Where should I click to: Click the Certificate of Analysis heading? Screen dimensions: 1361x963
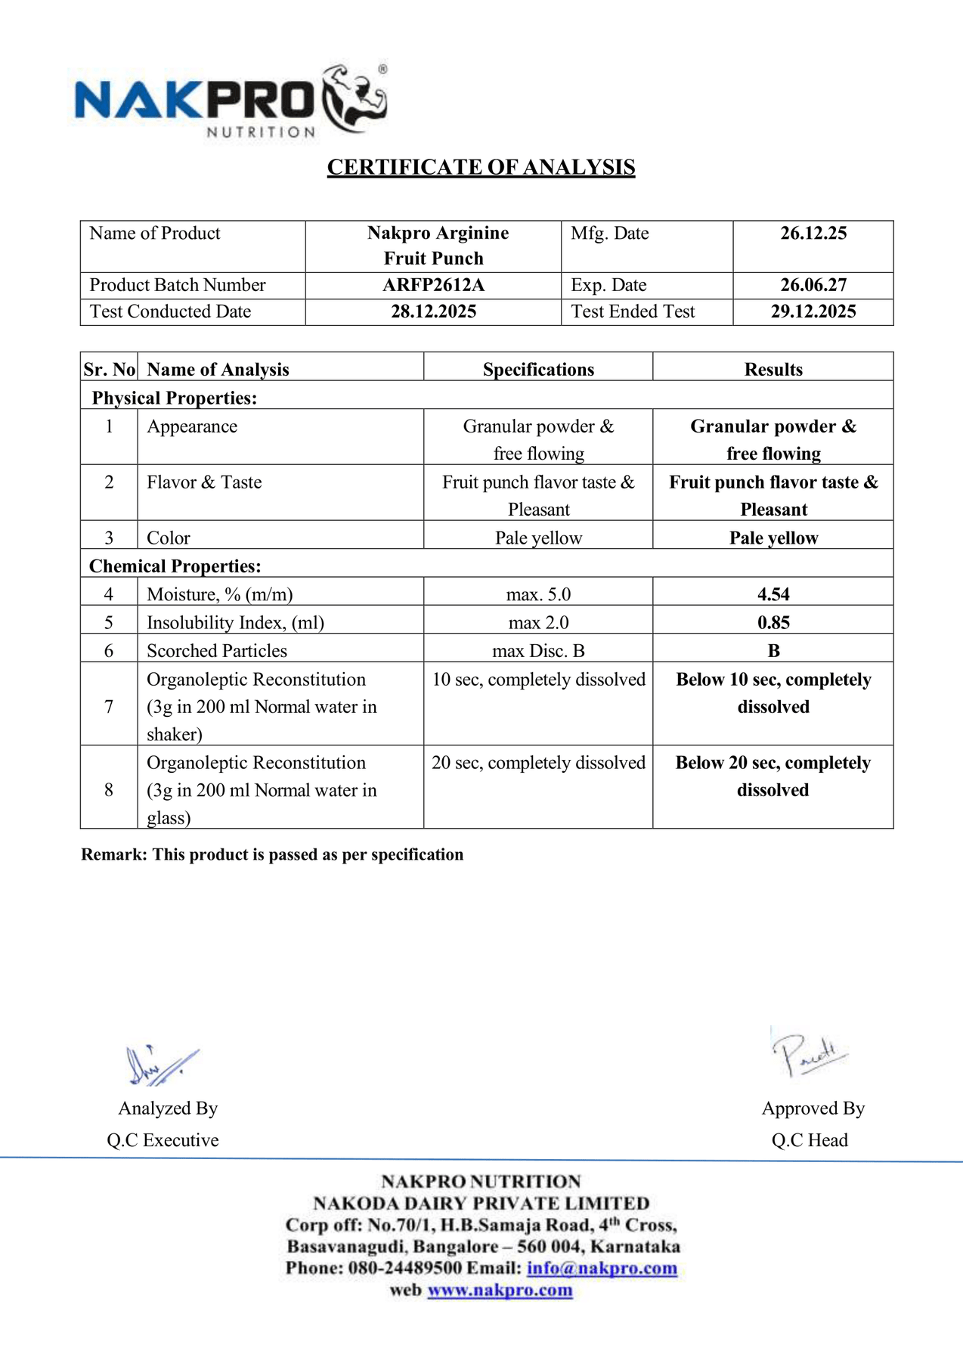[481, 167]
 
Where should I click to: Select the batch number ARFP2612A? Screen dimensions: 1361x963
[433, 285]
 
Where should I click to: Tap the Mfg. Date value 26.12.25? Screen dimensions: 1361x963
[813, 233]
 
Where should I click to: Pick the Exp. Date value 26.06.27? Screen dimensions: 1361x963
[813, 285]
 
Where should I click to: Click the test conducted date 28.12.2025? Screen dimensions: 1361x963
[433, 312]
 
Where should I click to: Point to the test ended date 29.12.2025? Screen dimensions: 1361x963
[813, 312]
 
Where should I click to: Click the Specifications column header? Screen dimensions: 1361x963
[538, 370]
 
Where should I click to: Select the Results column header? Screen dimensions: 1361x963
[773, 370]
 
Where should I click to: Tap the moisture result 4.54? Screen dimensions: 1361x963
[773, 594]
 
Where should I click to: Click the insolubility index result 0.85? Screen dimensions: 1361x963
[773, 622]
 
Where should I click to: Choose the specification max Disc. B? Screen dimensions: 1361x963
[538, 651]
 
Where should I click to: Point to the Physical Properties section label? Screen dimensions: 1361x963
[175, 398]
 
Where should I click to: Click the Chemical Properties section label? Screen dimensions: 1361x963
[175, 566]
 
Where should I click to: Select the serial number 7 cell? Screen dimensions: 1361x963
[109, 706]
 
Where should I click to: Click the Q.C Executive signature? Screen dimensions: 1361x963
[160, 1065]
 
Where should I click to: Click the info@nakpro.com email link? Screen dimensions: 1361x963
[602, 1268]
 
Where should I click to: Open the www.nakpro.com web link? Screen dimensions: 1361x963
[500, 1290]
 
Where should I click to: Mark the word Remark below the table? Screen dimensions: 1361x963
[113, 854]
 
